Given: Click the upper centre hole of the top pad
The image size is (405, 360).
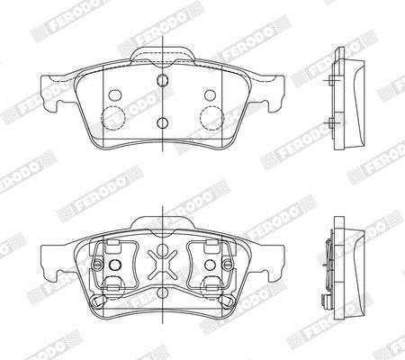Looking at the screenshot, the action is pos(162,79).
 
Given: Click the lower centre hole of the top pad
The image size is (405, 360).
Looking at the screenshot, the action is pos(162,122).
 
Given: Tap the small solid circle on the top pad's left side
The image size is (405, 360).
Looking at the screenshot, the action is pos(115,95).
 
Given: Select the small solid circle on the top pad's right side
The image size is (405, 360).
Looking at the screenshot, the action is pos(210,95).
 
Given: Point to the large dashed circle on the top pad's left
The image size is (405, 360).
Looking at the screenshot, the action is pos(113,118).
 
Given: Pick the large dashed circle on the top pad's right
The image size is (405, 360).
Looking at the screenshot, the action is pos(211,118).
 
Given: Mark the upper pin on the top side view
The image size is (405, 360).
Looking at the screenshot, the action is pos(330,80).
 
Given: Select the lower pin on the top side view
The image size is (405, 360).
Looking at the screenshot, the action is pos(330,122).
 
